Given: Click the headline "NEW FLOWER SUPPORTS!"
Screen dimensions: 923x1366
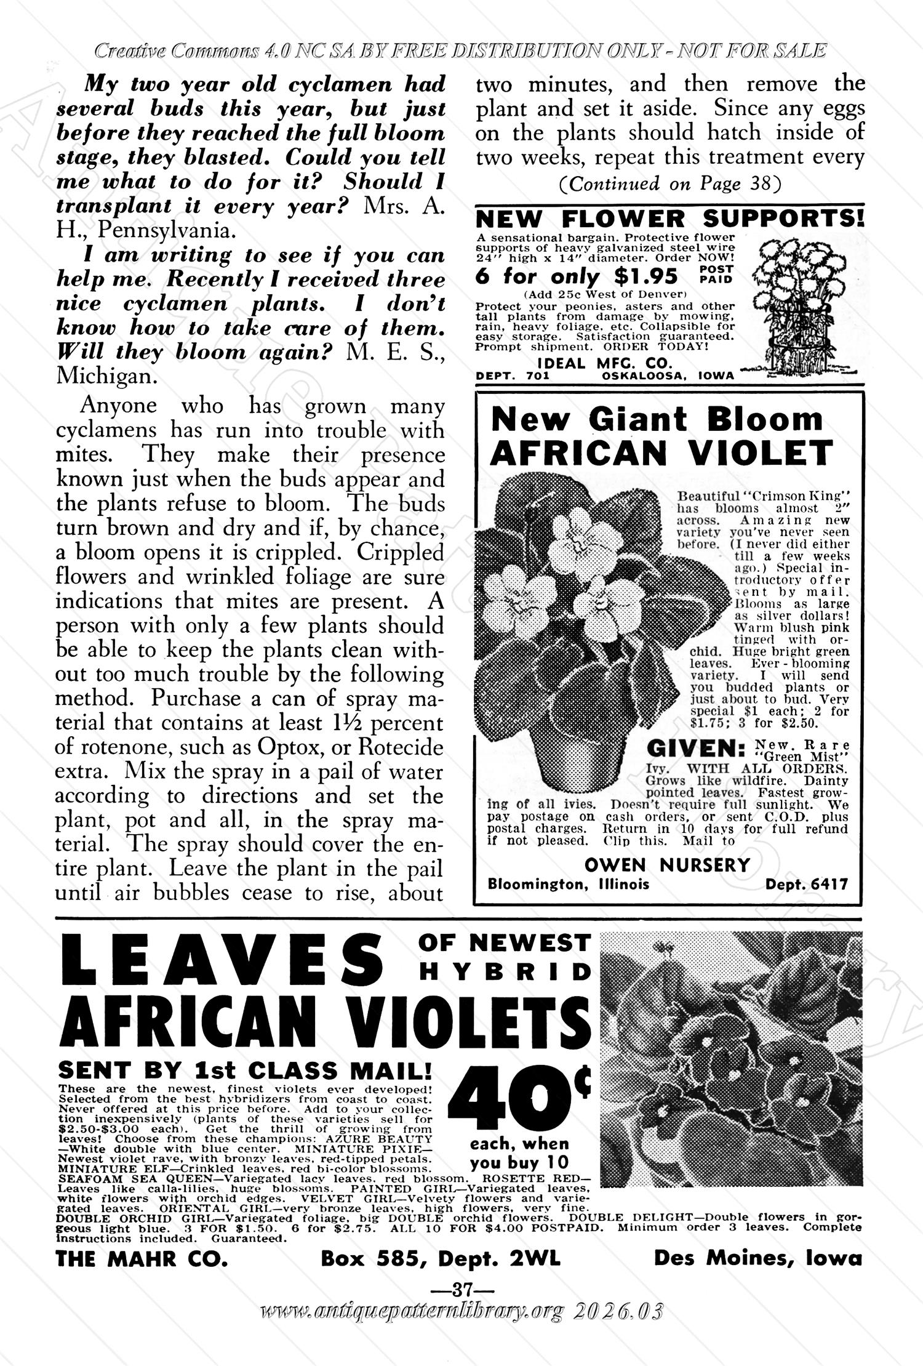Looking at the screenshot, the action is coord(670,219).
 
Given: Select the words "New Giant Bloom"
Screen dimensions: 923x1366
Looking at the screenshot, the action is coord(656,420).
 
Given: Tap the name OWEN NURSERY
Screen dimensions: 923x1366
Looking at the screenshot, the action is coord(667,865).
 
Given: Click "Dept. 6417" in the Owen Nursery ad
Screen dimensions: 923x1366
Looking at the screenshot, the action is coord(806,885).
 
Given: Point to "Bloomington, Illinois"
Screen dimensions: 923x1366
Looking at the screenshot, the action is coord(568,885).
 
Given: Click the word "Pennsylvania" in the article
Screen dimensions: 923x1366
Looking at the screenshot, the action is coord(166,230).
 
